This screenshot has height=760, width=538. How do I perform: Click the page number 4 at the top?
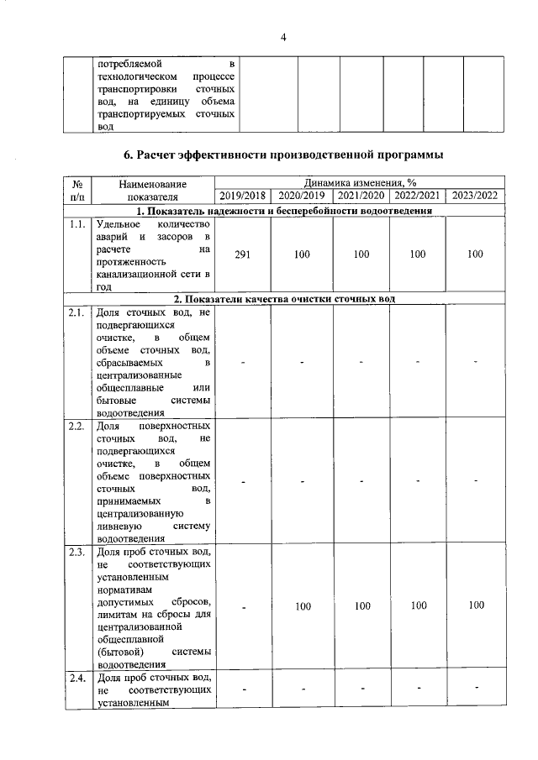coord(283,37)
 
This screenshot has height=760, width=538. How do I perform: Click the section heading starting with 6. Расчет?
coord(283,155)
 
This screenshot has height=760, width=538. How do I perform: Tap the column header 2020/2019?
coord(302,196)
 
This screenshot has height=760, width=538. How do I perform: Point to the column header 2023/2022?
coord(476,196)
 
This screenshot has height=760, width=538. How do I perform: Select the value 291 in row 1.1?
coord(242,254)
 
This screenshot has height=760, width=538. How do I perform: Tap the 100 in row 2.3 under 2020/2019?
coord(302,605)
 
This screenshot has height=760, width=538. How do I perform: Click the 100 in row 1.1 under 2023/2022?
coord(476,254)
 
